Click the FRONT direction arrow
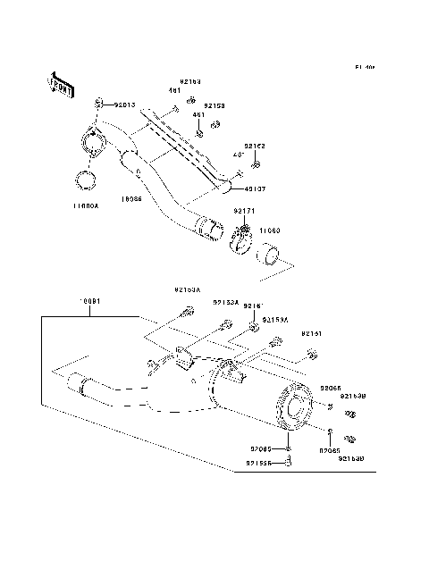[x=57, y=81]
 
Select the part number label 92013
[x=124, y=105]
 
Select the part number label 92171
[x=245, y=211]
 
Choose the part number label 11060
[x=271, y=230]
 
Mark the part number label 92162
[x=255, y=147]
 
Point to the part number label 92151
[x=312, y=333]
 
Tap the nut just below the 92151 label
[x=311, y=355]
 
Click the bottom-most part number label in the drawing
[x=261, y=464]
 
